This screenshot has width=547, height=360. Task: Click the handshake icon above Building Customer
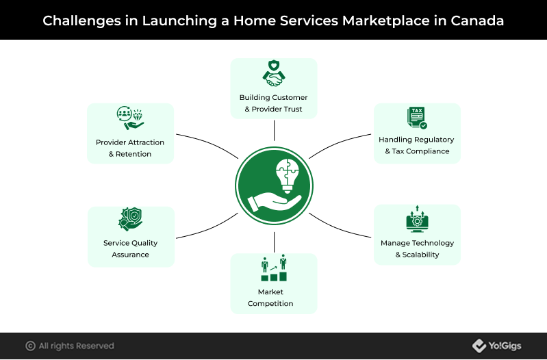(x=274, y=73)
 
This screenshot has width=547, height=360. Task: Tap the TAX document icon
(x=417, y=118)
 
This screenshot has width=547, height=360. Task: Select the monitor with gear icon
(x=417, y=219)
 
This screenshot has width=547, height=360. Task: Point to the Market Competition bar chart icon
(x=274, y=268)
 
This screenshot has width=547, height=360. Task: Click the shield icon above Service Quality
(x=131, y=219)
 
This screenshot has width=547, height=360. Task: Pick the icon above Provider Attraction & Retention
(x=130, y=118)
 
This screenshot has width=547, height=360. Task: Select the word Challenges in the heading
(x=81, y=21)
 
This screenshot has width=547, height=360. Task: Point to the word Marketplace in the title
(x=386, y=21)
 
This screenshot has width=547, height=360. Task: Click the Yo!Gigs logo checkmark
(x=479, y=346)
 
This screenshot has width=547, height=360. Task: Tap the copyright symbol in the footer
(x=30, y=346)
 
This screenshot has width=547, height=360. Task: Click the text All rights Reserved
(x=77, y=346)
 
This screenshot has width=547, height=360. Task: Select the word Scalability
(x=420, y=255)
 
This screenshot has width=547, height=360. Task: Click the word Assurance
(x=131, y=255)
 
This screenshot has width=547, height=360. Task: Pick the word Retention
(x=133, y=154)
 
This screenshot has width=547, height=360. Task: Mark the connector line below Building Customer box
(x=275, y=131)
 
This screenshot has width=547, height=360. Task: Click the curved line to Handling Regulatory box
(x=338, y=143)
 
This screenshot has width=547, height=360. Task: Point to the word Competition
(x=270, y=303)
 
